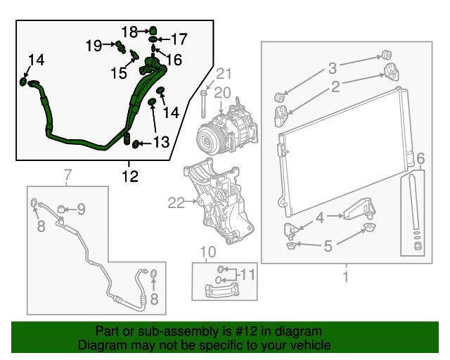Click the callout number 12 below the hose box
pyautogui.click(x=129, y=176)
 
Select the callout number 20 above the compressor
pyautogui.click(x=222, y=92)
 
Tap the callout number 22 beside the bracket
pyautogui.click(x=175, y=204)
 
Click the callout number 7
pyautogui.click(x=68, y=174)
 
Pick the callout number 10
pyautogui.click(x=205, y=252)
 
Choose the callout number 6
pyautogui.click(x=420, y=157)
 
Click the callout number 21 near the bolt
pyautogui.click(x=224, y=74)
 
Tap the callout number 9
pyautogui.click(x=81, y=208)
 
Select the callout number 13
pyautogui.click(x=161, y=143)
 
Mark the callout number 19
pyautogui.click(x=94, y=46)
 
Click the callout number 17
pyautogui.click(x=179, y=39)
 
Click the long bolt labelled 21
pyautogui.click(x=203, y=103)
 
